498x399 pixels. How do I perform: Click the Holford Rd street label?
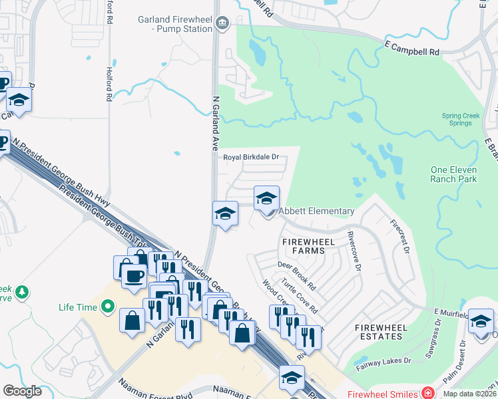(109, 84)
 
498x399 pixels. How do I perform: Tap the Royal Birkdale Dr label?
(250, 158)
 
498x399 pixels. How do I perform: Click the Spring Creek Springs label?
(461, 120)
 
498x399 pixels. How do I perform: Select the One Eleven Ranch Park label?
(453, 174)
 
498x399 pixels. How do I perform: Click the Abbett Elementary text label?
(316, 211)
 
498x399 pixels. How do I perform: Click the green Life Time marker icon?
(107, 307)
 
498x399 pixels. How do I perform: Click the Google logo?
(22, 391)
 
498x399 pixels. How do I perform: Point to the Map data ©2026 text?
(469, 394)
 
